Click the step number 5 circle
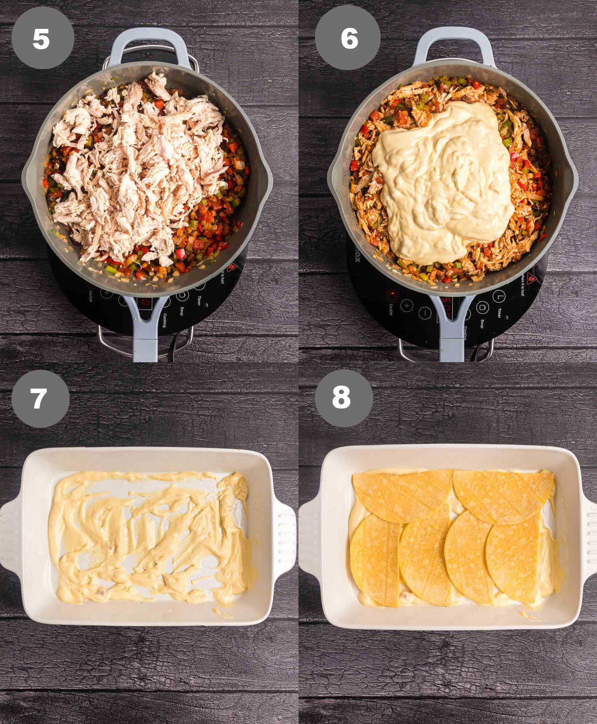tap(42, 38)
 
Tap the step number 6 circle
tap(348, 38)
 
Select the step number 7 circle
tap(40, 398)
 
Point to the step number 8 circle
tap(343, 398)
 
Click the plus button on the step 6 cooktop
tap(407, 305)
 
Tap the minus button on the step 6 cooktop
tap(424, 313)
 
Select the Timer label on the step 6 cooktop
tap(499, 312)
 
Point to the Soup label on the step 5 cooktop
tap(183, 310)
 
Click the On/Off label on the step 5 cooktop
tap(91, 296)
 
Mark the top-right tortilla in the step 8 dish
tap(502, 495)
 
